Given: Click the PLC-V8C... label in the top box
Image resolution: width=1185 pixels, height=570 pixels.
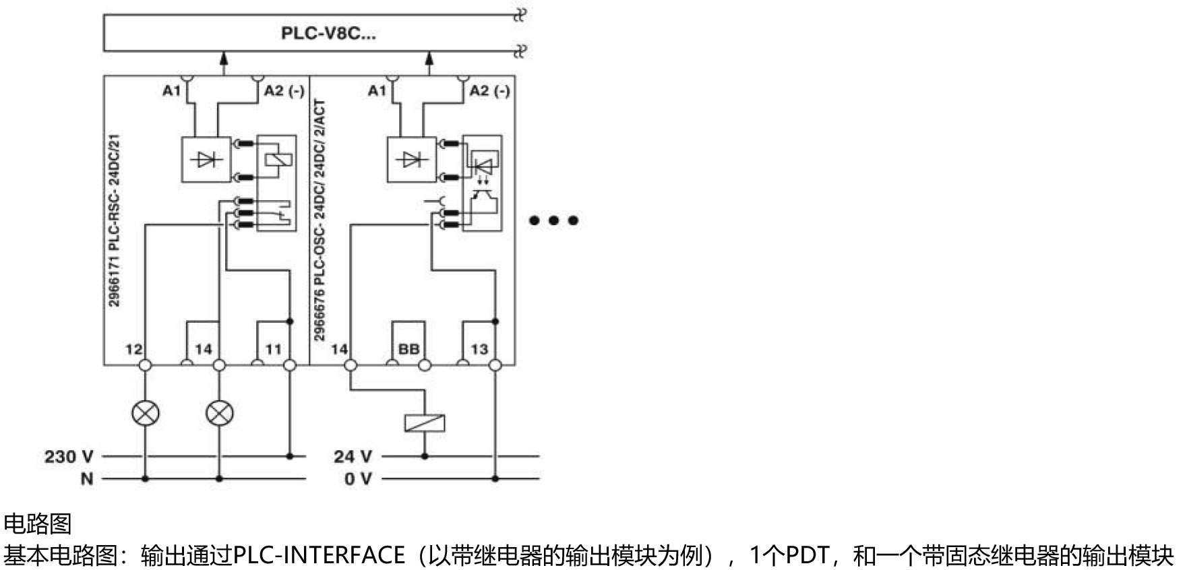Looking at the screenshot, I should point(328,33).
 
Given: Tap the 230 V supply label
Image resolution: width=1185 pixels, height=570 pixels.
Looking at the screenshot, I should point(69,456).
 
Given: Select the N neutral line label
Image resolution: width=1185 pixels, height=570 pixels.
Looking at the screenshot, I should point(87,479).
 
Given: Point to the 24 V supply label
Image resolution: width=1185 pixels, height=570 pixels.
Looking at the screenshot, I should point(353,456).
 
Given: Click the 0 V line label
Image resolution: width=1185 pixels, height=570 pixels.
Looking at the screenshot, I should point(357,479).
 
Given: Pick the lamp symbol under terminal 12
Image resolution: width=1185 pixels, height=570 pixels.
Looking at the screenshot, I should point(146,412).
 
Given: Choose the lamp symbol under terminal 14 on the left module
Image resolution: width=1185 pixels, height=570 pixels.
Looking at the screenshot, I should point(219,412).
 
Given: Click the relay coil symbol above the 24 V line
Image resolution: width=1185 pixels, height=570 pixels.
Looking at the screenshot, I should point(425,423).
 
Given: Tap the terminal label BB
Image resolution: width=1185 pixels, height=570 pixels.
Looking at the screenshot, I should point(408,349).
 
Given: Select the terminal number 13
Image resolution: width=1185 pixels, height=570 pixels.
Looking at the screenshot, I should point(479,349).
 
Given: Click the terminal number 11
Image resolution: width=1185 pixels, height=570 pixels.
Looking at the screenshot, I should point(273,349).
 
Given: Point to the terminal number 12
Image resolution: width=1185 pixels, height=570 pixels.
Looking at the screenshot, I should point(133,349).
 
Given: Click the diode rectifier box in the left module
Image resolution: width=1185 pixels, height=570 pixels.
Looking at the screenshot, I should point(206,160).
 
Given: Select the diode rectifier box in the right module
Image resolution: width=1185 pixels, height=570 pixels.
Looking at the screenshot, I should point(412,160).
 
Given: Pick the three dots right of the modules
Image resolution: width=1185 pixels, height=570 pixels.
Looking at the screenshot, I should point(553,220).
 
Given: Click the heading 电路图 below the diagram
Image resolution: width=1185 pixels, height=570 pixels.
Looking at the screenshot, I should point(38,524).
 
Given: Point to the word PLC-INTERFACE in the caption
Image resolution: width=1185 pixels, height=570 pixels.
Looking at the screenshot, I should point(319,555).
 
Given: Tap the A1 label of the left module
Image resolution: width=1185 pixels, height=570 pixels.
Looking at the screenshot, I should point(171,90).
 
